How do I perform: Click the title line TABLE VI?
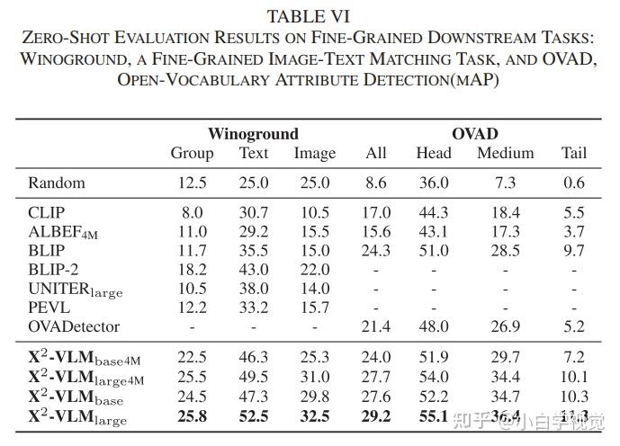point(310,15)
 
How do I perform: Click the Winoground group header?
point(253,134)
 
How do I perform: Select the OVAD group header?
point(474,134)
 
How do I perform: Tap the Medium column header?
point(505,153)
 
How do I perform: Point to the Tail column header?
point(573,153)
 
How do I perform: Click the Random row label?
point(57,183)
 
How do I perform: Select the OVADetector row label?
point(73,326)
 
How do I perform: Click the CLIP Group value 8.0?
point(192,213)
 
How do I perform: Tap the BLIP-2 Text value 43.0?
point(254,270)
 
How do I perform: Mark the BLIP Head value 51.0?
point(433,251)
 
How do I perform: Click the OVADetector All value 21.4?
point(375,326)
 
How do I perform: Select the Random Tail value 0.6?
point(573,183)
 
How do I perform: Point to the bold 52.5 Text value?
point(254,416)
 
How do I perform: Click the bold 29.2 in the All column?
point(375,416)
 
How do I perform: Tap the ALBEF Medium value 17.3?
point(505,232)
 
